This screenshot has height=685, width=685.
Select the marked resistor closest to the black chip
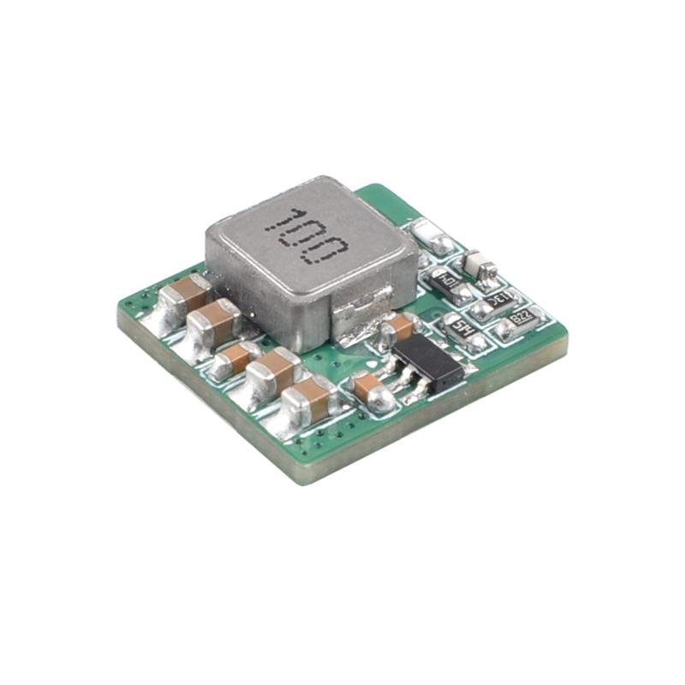pyautogui.click(x=462, y=329)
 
